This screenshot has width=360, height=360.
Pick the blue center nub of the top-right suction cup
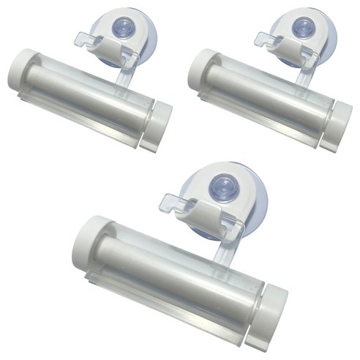point(301,28)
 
